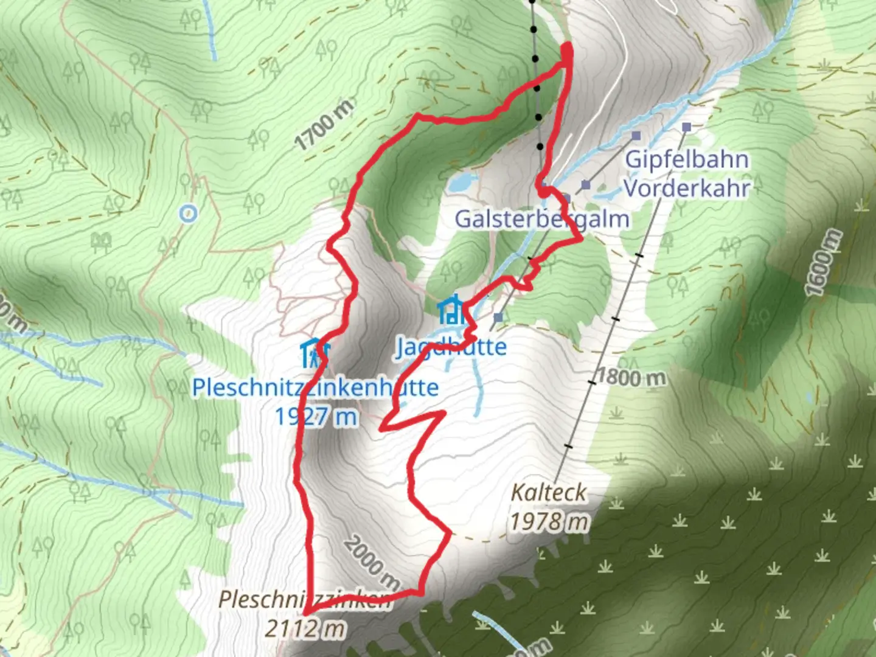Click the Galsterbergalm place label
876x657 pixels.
tap(541, 219)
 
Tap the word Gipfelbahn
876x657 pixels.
tap(687, 159)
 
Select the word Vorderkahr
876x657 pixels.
tap(687, 189)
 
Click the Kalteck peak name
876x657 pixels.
tap(549, 493)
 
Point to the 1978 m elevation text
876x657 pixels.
tap(549, 522)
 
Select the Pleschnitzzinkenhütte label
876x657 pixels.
tap(315, 388)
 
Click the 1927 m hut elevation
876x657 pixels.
tap(316, 417)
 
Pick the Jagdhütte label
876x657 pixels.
tap(451, 347)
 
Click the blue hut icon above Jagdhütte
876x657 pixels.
tap(451, 310)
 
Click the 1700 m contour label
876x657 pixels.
tap(324, 125)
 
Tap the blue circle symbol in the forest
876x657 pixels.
tap(189, 213)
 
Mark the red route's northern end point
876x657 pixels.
tap(569, 47)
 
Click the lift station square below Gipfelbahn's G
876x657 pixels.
tap(636, 135)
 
